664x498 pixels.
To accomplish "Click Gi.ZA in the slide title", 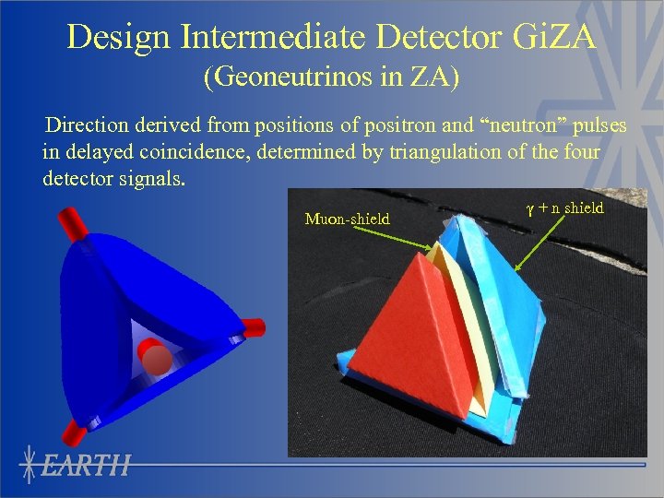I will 554,37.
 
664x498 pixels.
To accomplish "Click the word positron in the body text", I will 399,125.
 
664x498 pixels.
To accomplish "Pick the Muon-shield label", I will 347,219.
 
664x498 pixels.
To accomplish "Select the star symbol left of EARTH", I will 30,466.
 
